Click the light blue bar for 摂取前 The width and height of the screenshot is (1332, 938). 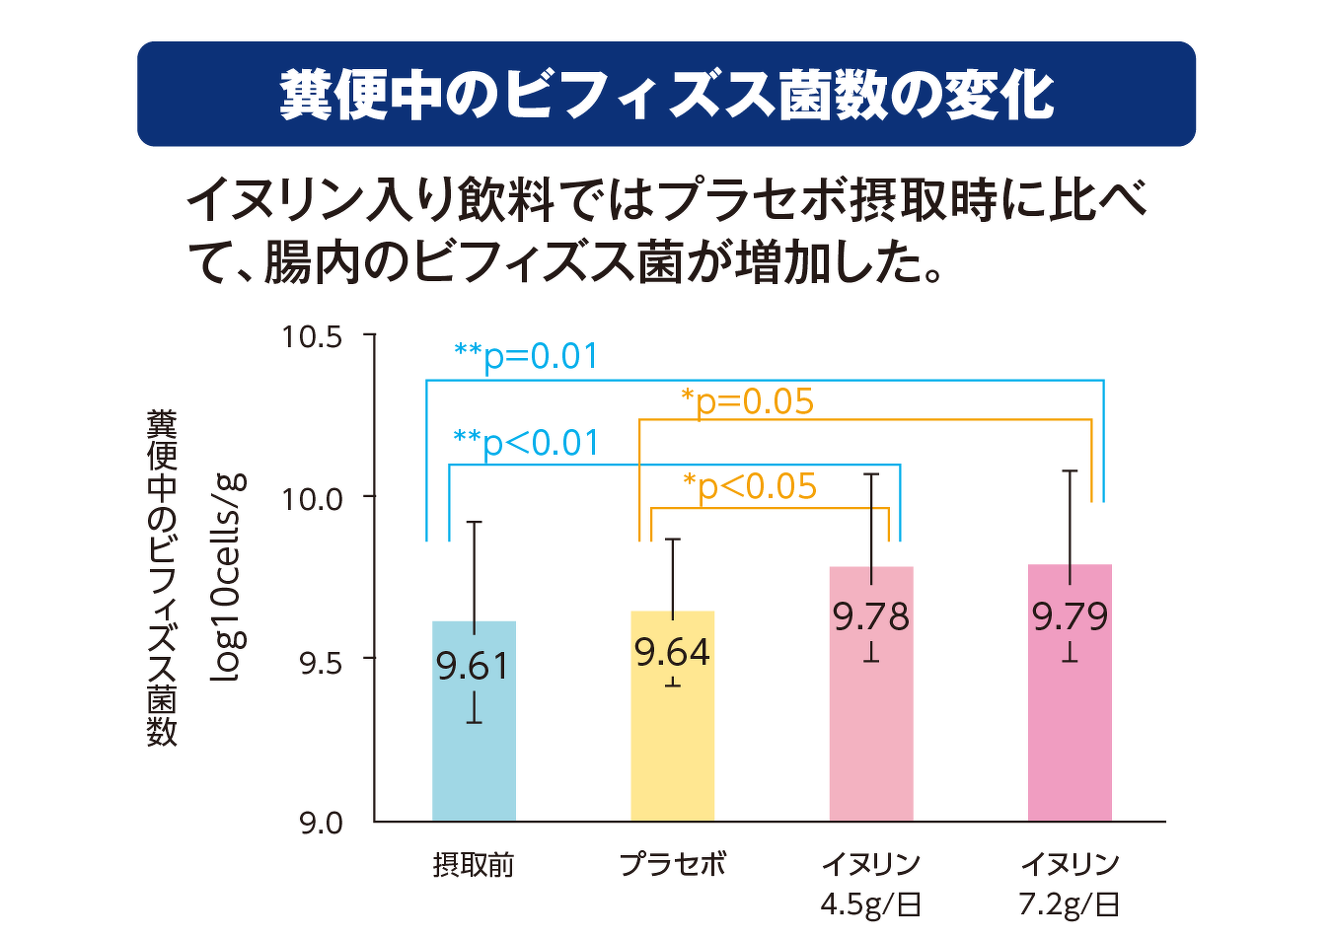point(474,721)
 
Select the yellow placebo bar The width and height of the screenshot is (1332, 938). point(672,716)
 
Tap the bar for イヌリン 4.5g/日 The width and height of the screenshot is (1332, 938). point(871,694)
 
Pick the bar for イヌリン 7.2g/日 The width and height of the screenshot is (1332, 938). point(1070,693)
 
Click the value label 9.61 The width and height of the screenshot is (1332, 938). point(473,666)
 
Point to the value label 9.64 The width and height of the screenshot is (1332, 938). point(672,652)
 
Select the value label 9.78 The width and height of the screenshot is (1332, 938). point(871,616)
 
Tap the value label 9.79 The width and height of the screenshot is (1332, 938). point(1070,616)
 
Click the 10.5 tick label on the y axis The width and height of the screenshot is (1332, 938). point(312,337)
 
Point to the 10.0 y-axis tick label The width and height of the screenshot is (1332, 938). point(312,499)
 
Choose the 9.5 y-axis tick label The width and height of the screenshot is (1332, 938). point(321,665)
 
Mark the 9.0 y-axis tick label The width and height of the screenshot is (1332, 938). point(321,825)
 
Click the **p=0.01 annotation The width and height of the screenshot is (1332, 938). point(526,357)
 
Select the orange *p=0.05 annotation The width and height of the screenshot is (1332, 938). point(747,401)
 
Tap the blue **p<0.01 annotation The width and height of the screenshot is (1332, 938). point(526,444)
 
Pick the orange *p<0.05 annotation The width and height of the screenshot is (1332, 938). point(750,487)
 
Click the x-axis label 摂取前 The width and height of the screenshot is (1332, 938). point(474,865)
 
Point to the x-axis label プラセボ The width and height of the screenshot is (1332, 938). point(673,864)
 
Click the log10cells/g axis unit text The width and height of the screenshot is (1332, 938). point(228,578)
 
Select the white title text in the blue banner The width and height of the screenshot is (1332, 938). point(667,96)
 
